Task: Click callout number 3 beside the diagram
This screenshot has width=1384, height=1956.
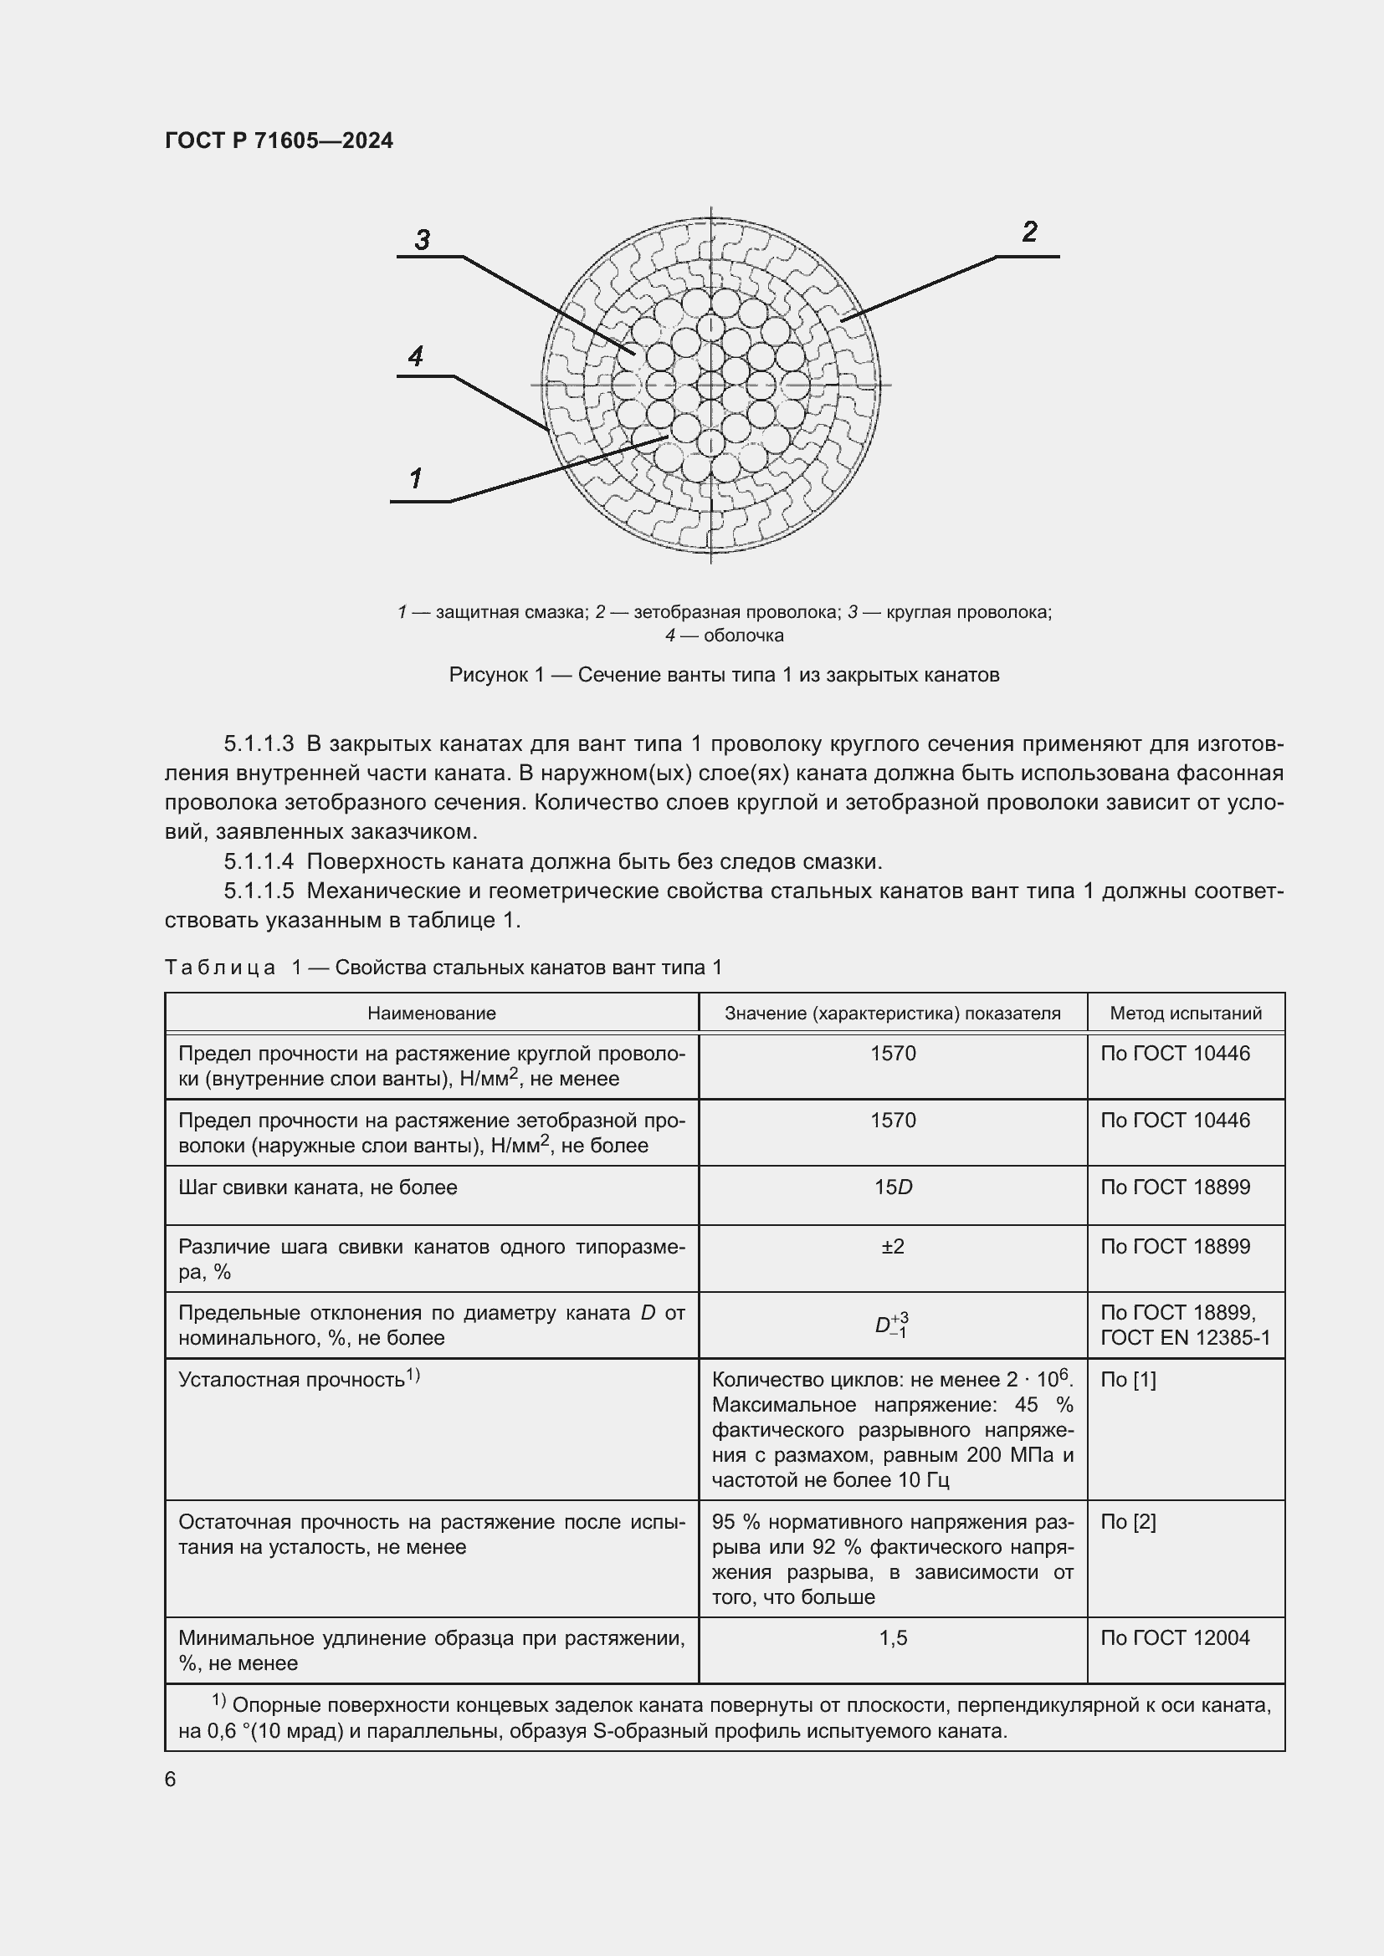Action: tap(423, 240)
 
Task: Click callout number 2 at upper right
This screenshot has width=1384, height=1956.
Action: tap(1029, 232)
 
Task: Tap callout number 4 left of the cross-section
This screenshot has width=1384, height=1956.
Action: tap(416, 356)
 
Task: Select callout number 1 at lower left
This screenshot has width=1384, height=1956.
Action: tap(416, 479)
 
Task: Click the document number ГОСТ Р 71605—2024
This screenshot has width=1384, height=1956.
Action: tap(279, 140)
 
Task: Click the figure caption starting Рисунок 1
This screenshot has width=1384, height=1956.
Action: tap(724, 675)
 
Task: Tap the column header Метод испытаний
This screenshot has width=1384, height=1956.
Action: tap(1186, 1013)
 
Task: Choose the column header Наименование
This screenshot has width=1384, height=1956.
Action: tap(431, 1013)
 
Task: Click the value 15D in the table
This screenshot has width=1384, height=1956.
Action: tap(892, 1187)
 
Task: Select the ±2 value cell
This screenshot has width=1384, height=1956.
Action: tap(892, 1246)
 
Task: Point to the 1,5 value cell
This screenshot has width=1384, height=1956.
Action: tap(892, 1637)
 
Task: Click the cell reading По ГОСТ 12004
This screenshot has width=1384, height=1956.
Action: tap(1174, 1637)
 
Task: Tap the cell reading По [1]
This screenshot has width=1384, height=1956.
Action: tap(1127, 1379)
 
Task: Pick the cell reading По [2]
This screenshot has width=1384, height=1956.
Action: tap(1127, 1521)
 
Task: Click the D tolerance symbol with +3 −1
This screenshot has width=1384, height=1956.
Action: tap(891, 1325)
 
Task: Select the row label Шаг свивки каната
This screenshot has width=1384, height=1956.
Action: tap(317, 1187)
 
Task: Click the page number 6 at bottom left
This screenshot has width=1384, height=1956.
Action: tap(171, 1779)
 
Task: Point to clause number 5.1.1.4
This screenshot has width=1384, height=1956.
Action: tap(259, 861)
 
